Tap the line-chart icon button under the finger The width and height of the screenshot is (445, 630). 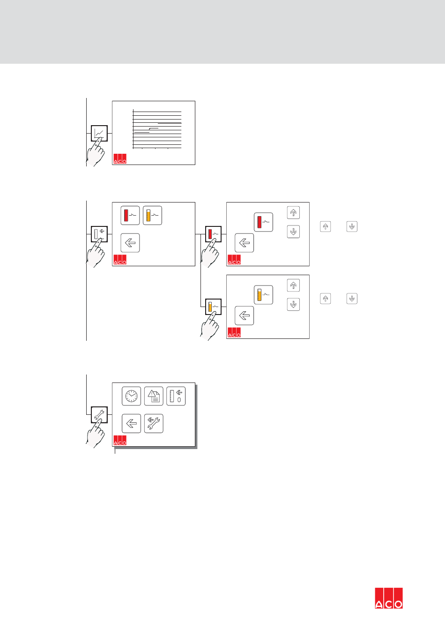[99, 134]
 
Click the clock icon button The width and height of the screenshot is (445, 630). [131, 396]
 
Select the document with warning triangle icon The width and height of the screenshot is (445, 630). [154, 396]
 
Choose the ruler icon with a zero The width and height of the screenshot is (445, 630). [176, 396]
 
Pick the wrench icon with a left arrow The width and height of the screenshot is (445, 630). [154, 423]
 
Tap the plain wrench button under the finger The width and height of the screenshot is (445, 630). [99, 414]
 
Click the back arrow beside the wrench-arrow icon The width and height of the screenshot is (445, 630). [131, 423]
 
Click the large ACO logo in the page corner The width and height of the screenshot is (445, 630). [389, 598]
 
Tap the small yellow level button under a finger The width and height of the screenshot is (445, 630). [214, 307]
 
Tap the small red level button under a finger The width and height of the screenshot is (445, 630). [214, 234]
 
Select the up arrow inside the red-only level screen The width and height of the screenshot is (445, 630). [293, 213]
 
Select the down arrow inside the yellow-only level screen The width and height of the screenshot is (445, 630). [293, 305]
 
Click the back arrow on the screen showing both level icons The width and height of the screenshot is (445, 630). [130, 243]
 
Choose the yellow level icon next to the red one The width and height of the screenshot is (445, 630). [152, 216]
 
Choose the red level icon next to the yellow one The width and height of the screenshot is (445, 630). [130, 216]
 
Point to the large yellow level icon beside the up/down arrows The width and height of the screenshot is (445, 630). [263, 295]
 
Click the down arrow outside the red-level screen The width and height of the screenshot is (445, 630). [352, 226]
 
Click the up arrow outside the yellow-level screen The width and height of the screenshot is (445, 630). [326, 299]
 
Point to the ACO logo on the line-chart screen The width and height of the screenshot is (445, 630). [120, 159]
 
